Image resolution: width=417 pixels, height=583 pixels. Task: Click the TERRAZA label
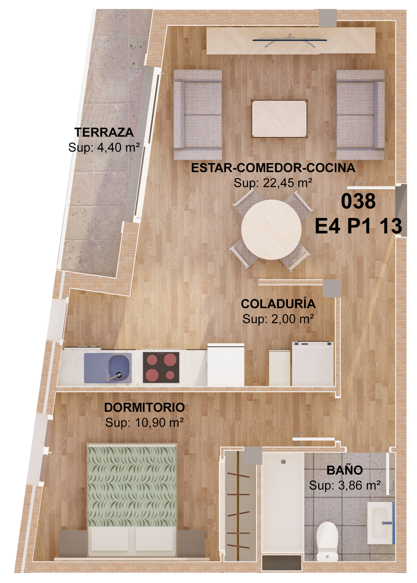104,132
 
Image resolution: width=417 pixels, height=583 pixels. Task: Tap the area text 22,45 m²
288,183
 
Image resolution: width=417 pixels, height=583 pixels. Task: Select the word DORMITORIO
144,408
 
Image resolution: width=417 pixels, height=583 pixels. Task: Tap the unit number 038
358,201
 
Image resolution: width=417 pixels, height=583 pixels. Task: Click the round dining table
271,229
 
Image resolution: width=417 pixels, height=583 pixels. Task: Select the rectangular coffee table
279,119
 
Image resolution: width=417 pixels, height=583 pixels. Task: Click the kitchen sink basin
119,368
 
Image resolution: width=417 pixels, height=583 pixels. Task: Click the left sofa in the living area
198,115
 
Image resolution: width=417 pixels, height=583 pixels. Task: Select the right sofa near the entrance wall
361,115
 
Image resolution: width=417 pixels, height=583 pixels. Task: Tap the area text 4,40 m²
118,147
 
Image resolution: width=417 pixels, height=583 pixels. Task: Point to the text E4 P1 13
358,226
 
